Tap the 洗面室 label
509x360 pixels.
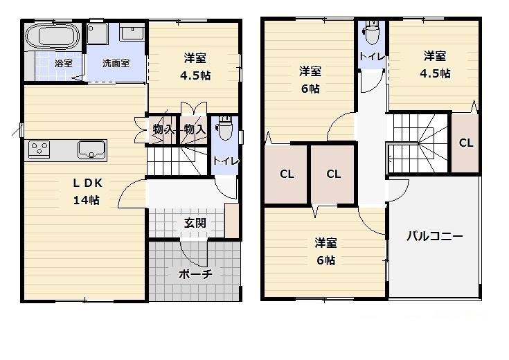click(x=116, y=63)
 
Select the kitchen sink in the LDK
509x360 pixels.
click(x=91, y=148)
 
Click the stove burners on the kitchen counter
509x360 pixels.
click(x=39, y=148)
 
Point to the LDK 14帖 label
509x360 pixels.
click(x=87, y=192)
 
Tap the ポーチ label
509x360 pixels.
click(x=195, y=274)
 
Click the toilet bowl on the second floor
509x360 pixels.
click(x=372, y=31)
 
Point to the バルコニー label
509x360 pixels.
click(x=434, y=236)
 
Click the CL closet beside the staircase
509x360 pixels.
click(x=466, y=143)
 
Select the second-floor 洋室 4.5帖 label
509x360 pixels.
click(x=436, y=64)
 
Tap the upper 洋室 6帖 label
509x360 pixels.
click(x=310, y=79)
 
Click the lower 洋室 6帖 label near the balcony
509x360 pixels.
click(x=325, y=251)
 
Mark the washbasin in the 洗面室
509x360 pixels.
click(x=132, y=32)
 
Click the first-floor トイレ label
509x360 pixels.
click(x=226, y=161)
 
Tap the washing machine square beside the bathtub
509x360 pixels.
click(x=96, y=33)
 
